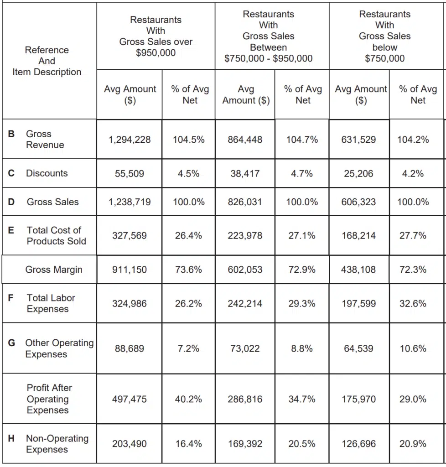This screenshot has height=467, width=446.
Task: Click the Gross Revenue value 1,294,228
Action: coord(130,140)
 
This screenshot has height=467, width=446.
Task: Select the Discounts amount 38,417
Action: coord(245,173)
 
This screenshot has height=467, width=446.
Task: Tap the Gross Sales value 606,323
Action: coord(359,202)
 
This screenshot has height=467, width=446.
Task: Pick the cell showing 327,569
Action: coord(130,235)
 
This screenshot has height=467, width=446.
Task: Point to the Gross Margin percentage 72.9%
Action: coord(302,270)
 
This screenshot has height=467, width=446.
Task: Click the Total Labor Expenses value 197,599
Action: coord(359,303)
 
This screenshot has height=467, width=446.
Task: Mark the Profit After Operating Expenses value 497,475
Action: coord(130,399)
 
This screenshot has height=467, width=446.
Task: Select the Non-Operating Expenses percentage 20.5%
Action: coord(302,443)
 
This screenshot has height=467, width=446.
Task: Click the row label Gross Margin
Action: coord(54,270)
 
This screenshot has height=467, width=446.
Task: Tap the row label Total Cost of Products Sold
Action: coord(56,235)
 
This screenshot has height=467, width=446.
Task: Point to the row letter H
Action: coord(11,439)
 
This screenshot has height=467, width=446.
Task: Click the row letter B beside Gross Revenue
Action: coord(11,134)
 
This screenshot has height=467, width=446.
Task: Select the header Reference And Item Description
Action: coord(47,61)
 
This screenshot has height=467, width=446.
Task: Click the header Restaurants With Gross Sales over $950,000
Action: coord(156,36)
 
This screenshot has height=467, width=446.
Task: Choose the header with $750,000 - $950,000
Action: coord(268,36)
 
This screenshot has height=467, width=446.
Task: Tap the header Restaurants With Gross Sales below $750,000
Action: coord(384,36)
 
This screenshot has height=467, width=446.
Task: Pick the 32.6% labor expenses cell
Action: coord(413,303)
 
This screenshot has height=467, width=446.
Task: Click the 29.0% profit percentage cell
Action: coord(413,399)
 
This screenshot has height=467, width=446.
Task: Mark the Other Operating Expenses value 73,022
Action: coord(245,348)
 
